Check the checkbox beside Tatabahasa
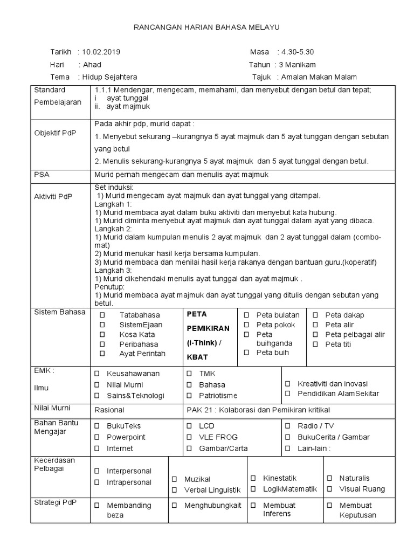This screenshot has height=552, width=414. (102, 315)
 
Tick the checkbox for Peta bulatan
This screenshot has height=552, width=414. (246, 315)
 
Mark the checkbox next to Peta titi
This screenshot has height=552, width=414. (315, 344)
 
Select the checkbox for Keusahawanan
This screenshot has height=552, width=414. (98, 373)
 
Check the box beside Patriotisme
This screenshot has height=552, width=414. (189, 395)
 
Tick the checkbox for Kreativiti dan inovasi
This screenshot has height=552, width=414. (288, 384)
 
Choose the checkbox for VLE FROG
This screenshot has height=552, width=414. (189, 437)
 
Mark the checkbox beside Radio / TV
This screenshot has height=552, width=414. (288, 426)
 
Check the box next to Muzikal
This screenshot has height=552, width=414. (175, 479)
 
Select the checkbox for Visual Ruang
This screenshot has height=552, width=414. (329, 489)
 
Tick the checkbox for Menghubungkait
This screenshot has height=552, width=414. (175, 506)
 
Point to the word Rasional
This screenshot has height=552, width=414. (109, 410)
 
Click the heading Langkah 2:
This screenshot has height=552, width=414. (109, 229)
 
